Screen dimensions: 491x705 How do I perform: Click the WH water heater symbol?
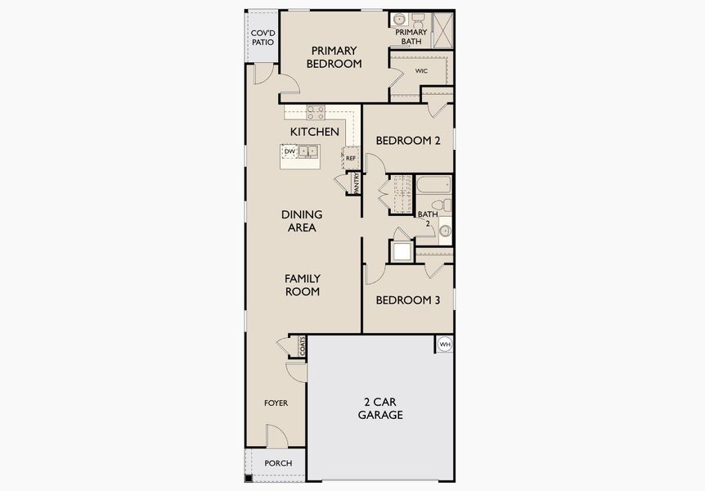coord(445,345)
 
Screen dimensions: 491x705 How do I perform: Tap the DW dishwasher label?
coord(290,151)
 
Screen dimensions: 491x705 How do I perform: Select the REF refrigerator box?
coord(351,158)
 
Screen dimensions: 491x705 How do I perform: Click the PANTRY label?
coord(357,182)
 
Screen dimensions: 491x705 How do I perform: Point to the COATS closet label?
coord(302,346)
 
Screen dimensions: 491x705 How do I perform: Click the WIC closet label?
coord(421,71)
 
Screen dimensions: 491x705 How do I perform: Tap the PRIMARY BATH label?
coord(411,37)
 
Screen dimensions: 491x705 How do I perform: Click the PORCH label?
coord(278,464)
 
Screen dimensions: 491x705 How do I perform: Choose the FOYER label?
coord(276,403)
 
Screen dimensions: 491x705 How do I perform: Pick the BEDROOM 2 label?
coord(408,141)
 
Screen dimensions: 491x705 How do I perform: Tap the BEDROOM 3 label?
coord(408,300)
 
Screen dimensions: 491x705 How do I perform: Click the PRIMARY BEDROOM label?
coord(334,56)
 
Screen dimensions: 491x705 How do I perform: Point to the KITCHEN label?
coord(314,131)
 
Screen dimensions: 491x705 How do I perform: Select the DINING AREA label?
coord(302,221)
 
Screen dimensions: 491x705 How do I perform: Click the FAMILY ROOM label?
coord(302,285)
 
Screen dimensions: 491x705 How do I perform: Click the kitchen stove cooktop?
coord(316,113)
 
